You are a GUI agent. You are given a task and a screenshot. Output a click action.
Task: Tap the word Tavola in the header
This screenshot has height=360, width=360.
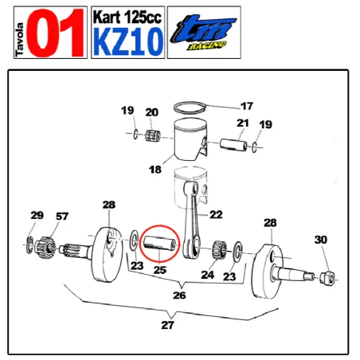point(19,34)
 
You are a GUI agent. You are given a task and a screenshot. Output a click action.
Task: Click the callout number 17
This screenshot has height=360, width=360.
point(247,104)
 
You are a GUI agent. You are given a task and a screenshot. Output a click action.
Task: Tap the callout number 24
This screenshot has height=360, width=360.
point(208,275)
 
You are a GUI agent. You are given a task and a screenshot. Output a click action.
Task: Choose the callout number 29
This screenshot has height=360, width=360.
point(37,215)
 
